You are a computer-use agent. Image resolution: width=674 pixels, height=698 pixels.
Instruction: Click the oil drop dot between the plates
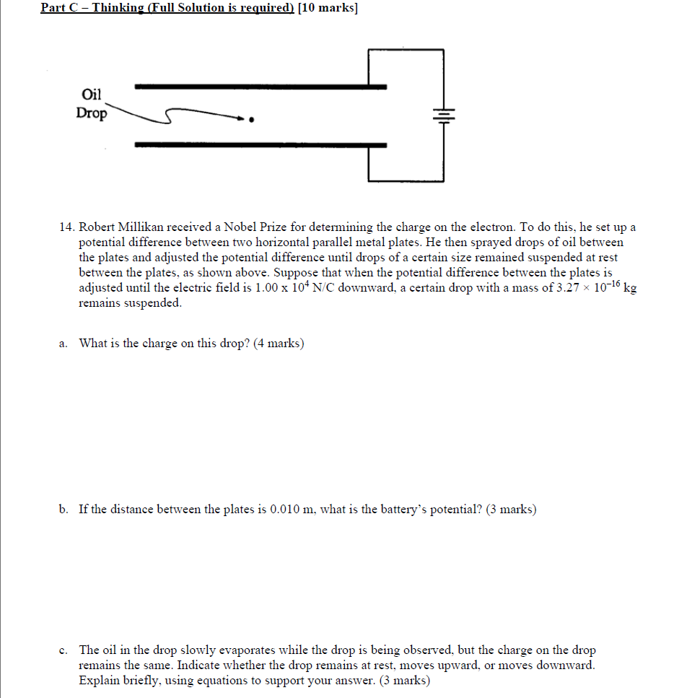[x=251, y=120]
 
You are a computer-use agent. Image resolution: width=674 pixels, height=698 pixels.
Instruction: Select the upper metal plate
[x=260, y=87]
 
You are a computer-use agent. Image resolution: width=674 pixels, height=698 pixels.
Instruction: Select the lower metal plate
[x=260, y=145]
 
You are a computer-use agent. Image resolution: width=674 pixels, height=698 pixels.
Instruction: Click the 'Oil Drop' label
[x=92, y=104]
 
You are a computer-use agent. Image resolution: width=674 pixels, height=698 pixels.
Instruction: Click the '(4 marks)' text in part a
[x=279, y=343]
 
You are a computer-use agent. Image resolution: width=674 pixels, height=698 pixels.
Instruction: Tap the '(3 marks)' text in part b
[x=511, y=510]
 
